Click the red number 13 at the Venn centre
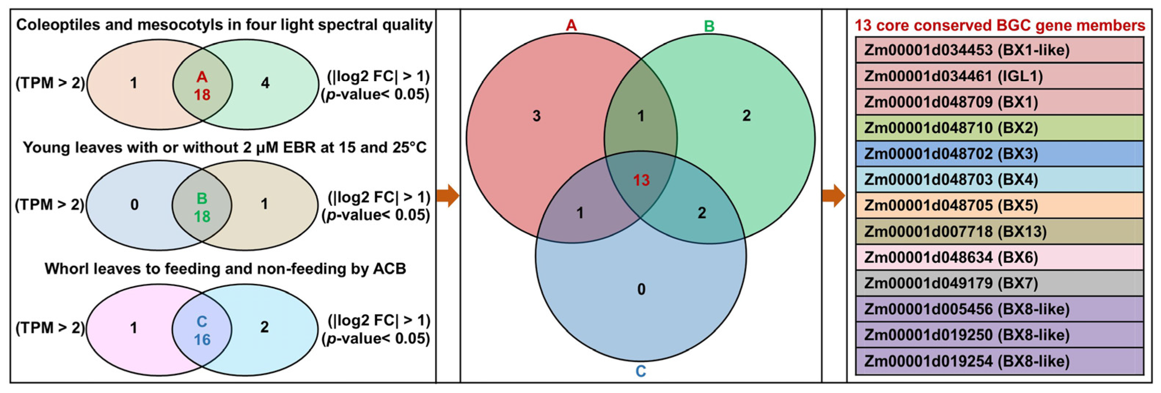[641, 180]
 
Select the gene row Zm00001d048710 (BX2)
[999, 128]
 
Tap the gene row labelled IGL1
[999, 76]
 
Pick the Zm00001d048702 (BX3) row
[999, 154]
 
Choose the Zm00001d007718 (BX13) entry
[999, 231]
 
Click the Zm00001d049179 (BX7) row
[999, 283]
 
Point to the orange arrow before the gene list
[833, 196]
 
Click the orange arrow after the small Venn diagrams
[447, 196]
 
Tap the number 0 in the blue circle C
[641, 289]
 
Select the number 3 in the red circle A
[536, 116]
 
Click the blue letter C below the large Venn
[641, 371]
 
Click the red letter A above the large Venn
[571, 26]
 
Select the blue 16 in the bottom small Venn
[202, 340]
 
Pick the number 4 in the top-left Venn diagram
[265, 83]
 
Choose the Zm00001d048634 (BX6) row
[999, 257]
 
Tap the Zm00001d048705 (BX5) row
[999, 205]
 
